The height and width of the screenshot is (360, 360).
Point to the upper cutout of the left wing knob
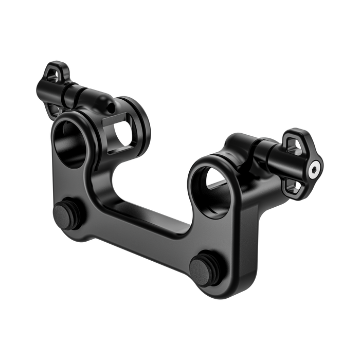click(x=51, y=73)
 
